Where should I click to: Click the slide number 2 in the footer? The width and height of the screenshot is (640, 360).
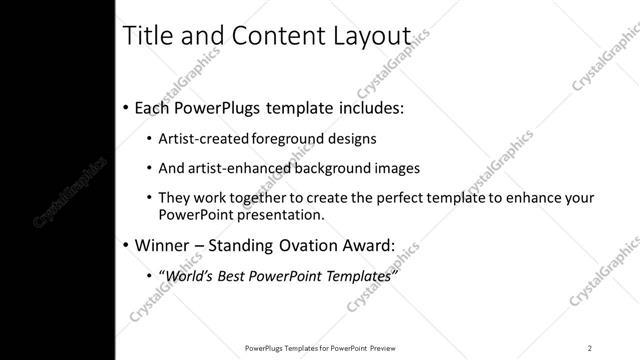590,347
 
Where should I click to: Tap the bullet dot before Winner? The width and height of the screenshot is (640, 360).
124,245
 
